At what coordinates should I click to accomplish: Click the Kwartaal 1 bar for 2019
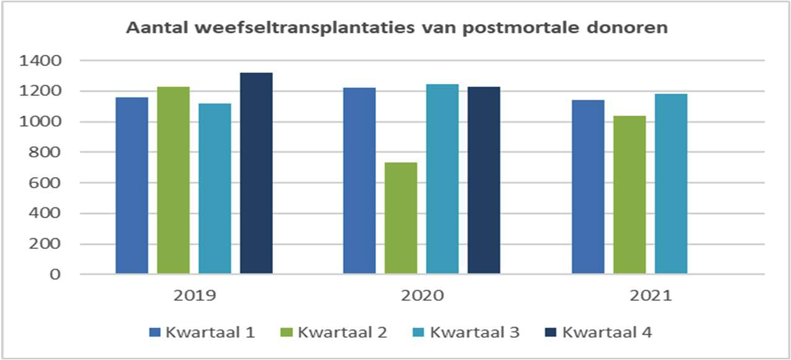pyautogui.click(x=132, y=185)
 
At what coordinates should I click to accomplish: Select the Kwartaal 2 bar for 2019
pyautogui.click(x=173, y=180)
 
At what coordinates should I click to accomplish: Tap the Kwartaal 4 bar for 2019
pyautogui.click(x=256, y=173)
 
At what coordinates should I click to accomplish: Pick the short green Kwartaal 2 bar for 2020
pyautogui.click(x=401, y=218)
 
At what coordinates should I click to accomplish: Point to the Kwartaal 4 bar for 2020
pyautogui.click(x=483, y=180)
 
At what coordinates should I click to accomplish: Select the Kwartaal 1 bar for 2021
pyautogui.click(x=588, y=186)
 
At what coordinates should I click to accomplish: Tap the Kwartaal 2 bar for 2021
pyautogui.click(x=629, y=195)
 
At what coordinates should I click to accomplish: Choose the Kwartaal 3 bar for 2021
pyautogui.click(x=671, y=183)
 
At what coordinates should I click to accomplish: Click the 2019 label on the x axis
pyautogui.click(x=195, y=296)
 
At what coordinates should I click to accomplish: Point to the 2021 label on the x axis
pyautogui.click(x=650, y=296)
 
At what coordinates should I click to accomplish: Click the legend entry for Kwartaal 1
pyautogui.click(x=203, y=332)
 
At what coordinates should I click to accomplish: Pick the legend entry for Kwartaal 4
pyautogui.click(x=600, y=332)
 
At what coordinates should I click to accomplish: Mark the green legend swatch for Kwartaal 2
pyautogui.click(x=287, y=333)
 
